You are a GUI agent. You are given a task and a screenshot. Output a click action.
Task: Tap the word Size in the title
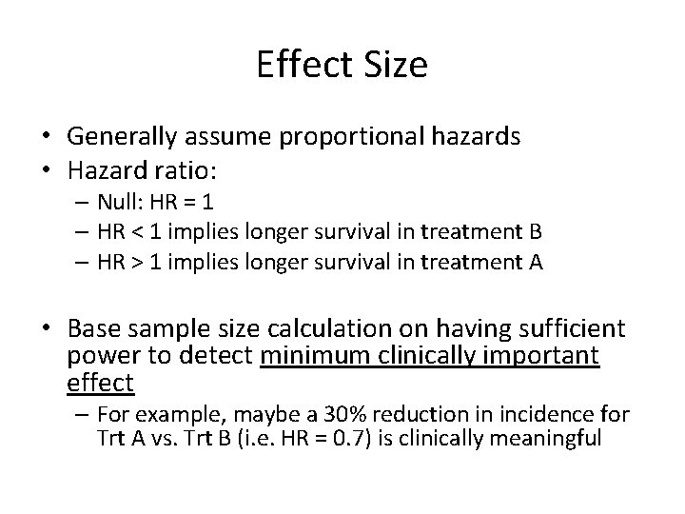pos(397,66)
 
